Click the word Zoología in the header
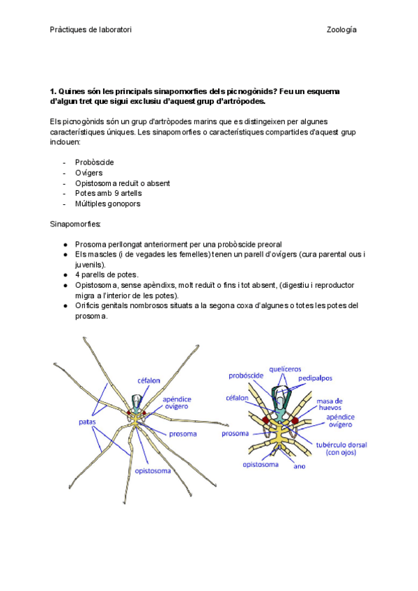coord(341,30)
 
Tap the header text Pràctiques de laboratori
coord(91,30)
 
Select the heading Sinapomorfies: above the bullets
coord(75,224)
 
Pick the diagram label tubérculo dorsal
coord(341,444)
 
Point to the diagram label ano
coord(299,466)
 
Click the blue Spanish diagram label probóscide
coord(246,376)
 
